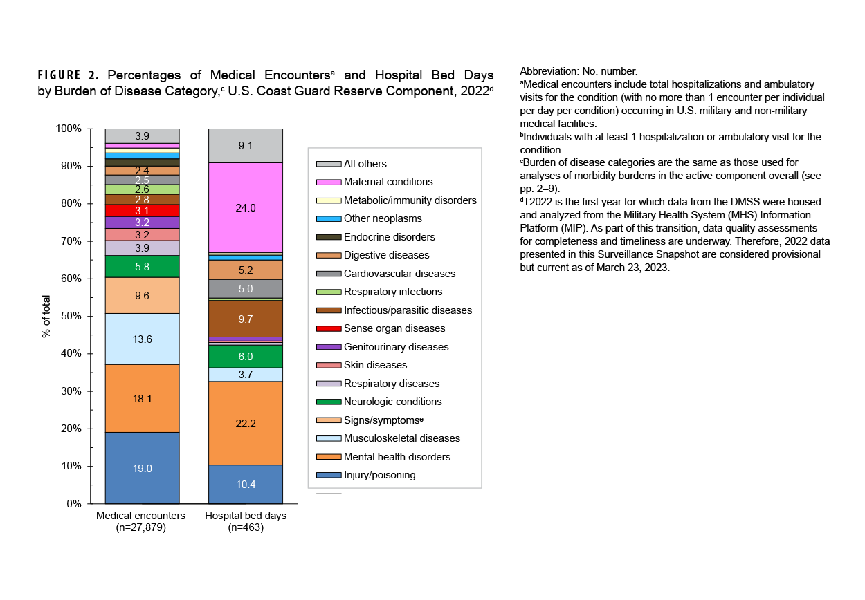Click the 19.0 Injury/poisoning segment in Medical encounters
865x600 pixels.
coord(142,467)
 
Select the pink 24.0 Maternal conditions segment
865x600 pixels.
coord(246,208)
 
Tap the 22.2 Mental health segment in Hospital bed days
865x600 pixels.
coord(246,423)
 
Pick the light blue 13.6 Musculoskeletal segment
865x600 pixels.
coord(142,339)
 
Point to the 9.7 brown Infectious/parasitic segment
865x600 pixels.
coord(246,319)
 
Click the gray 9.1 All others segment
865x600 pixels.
coord(246,146)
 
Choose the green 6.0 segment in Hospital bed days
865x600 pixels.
coord(246,357)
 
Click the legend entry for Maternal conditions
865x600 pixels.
coord(388,182)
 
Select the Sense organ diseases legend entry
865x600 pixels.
coord(394,328)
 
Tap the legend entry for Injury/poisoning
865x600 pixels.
coord(380,475)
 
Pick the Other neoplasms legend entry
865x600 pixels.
coord(383,218)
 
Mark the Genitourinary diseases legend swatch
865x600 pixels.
coord(329,347)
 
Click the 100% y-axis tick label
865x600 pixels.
coord(69,129)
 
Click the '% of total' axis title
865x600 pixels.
coord(46,316)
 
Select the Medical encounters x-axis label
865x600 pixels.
coord(141,516)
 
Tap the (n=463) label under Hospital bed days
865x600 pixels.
coord(246,527)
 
